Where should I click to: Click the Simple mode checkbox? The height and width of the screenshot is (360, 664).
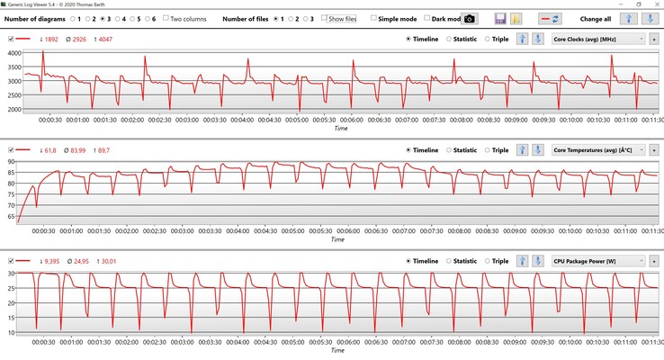[x=374, y=18]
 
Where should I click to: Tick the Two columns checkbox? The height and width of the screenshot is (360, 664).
[x=166, y=18]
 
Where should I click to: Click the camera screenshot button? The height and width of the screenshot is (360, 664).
[x=471, y=18]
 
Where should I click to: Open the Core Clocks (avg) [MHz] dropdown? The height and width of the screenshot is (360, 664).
[x=598, y=39]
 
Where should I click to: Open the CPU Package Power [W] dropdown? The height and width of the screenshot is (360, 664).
[x=598, y=261]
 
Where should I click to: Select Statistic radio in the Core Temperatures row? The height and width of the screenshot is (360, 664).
[x=449, y=150]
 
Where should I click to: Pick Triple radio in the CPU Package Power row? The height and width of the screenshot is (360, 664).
[x=489, y=261]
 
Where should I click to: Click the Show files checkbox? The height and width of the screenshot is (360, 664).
[x=325, y=18]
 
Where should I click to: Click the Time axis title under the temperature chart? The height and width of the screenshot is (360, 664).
[x=336, y=239]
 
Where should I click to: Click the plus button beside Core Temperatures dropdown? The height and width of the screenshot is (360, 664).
[x=654, y=150]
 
